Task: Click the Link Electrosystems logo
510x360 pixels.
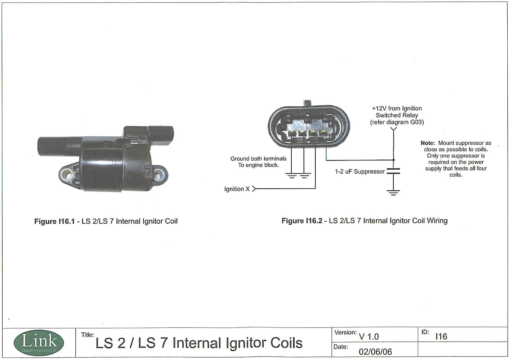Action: (39, 343)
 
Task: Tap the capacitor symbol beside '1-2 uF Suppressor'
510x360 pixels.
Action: (393, 171)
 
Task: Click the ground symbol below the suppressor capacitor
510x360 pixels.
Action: (393, 192)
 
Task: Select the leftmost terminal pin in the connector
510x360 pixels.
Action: (292, 133)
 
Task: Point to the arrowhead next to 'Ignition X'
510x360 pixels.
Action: (254, 189)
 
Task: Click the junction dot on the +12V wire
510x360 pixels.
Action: (393, 160)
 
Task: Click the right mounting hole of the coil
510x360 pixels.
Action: (160, 173)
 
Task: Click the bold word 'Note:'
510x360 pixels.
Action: (428, 143)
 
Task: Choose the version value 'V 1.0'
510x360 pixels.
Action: (369, 337)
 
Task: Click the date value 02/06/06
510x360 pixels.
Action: (375, 352)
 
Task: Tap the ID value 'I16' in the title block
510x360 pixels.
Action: (441, 336)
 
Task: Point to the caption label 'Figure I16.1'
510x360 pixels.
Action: (54, 221)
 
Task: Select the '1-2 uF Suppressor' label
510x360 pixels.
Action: (360, 171)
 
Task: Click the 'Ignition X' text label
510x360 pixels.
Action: (237, 189)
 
